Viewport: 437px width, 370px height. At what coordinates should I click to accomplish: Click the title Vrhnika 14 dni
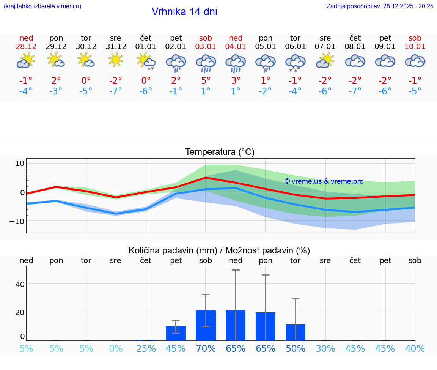[184, 12]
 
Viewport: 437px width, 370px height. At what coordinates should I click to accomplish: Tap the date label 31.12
[116, 47]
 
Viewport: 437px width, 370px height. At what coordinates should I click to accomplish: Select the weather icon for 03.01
[206, 62]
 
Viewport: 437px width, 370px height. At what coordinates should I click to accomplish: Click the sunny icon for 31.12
[116, 60]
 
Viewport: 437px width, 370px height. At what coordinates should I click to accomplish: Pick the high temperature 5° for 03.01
[206, 81]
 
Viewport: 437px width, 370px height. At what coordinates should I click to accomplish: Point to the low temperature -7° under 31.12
[116, 91]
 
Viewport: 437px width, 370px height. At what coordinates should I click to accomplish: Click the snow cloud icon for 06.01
[296, 62]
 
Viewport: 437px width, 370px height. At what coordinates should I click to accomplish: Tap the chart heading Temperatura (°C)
[220, 152]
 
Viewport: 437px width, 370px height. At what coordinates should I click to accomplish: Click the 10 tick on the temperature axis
[20, 164]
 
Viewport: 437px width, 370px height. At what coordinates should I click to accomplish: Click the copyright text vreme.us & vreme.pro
[324, 181]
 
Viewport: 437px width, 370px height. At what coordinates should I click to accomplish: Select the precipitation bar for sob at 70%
[206, 325]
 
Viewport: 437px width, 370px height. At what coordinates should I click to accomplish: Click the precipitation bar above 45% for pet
[176, 333]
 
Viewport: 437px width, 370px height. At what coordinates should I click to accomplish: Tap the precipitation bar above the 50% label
[296, 332]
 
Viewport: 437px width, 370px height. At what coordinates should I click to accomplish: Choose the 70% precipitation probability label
[206, 349]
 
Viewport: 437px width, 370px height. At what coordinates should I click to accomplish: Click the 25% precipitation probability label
[146, 349]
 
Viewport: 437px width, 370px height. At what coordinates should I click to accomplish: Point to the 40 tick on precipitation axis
[20, 284]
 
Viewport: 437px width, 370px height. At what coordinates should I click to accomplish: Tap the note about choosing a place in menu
[42, 6]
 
